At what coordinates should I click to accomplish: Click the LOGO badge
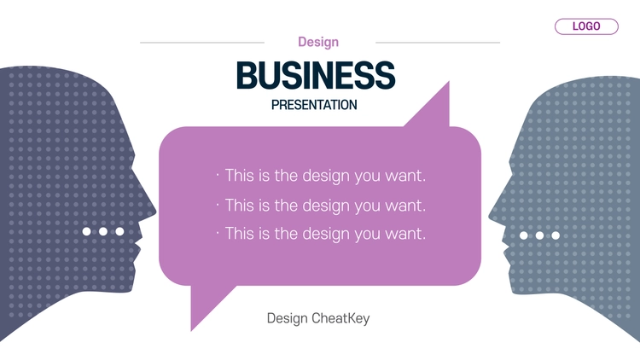pos(586,26)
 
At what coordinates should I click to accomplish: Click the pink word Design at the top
pos(318,42)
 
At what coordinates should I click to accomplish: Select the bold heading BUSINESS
pos(316,75)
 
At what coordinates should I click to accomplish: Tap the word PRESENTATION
pos(314,105)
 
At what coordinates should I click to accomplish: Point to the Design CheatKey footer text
pos(318,318)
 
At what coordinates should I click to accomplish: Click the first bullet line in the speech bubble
pos(321,176)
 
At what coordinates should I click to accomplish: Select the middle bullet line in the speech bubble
pos(321,206)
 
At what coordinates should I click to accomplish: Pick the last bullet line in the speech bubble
pos(321,234)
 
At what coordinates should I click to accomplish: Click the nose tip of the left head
pos(155,212)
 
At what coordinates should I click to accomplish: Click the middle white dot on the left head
pos(103,231)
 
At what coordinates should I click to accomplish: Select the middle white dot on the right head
pos(539,235)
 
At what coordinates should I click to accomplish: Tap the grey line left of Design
pos(202,43)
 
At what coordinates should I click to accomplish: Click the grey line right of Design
pos(438,43)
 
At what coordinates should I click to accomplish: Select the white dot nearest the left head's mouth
pos(119,231)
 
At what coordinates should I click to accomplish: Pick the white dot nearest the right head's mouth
pos(524,235)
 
